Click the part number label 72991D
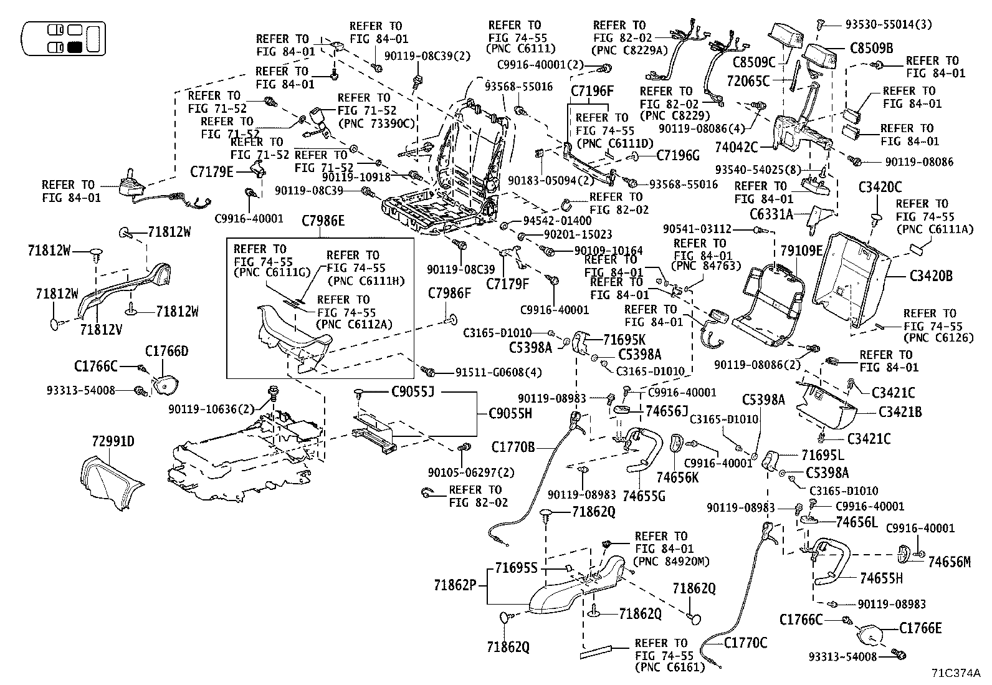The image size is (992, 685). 113,442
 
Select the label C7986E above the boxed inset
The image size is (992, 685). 323,221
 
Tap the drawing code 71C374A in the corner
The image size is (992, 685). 956,673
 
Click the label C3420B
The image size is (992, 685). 931,275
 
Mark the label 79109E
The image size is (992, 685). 801,251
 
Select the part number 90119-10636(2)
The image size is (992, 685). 212,409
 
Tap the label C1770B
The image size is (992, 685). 513,447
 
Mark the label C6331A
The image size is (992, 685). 771,215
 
